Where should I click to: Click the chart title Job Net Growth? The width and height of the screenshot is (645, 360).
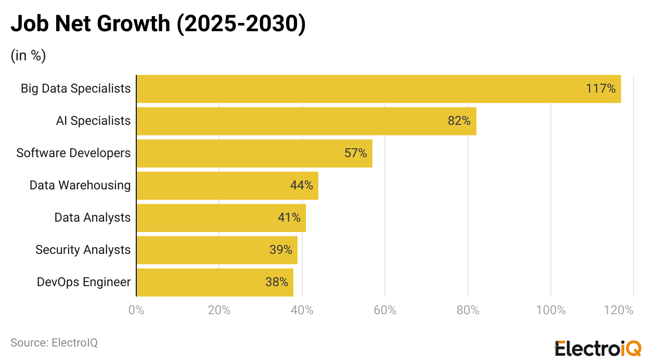(x=158, y=24)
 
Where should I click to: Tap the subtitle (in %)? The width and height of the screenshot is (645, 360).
(x=28, y=56)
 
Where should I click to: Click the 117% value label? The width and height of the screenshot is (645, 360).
(x=600, y=89)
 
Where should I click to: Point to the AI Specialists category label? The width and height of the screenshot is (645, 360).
(x=93, y=121)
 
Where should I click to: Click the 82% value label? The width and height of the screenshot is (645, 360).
(x=459, y=121)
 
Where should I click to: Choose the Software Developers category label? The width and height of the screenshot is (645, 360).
(x=73, y=153)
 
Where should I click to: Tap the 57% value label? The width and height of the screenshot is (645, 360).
(x=355, y=153)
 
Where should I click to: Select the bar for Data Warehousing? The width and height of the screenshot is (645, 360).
(x=227, y=186)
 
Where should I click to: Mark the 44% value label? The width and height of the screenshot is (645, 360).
(x=301, y=185)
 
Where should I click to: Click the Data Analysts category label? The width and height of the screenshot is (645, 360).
(x=93, y=217)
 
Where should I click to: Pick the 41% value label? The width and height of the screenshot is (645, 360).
(x=289, y=217)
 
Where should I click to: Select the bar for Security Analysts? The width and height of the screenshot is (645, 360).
(x=217, y=250)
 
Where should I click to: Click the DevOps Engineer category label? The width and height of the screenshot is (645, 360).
(x=84, y=282)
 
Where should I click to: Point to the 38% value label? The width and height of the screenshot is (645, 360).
(x=276, y=282)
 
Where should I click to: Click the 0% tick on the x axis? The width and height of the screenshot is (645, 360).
(x=136, y=311)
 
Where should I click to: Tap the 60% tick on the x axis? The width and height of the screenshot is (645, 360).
(x=385, y=311)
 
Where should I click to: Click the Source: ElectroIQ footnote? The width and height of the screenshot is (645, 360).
(x=54, y=343)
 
